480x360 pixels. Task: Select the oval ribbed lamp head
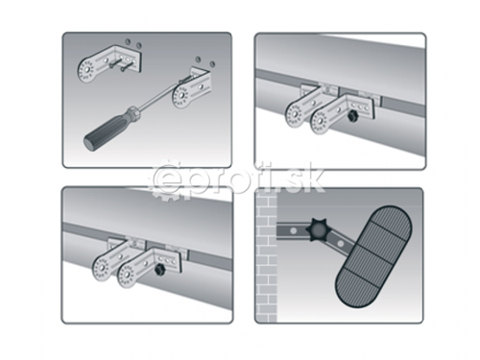click(x=373, y=256)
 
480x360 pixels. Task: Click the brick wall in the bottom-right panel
click(x=266, y=256)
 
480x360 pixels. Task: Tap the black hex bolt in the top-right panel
click(x=353, y=116)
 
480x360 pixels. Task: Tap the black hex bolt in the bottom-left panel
click(x=159, y=270)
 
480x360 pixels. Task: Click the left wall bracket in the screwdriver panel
click(x=108, y=64)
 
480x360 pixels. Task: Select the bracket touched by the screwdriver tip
click(x=193, y=89)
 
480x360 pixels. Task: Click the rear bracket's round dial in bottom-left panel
click(x=103, y=268)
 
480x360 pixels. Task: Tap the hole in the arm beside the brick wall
click(x=293, y=229)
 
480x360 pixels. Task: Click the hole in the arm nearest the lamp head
click(x=341, y=244)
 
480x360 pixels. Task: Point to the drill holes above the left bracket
click(x=132, y=42)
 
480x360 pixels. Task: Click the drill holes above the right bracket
click(x=205, y=60)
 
